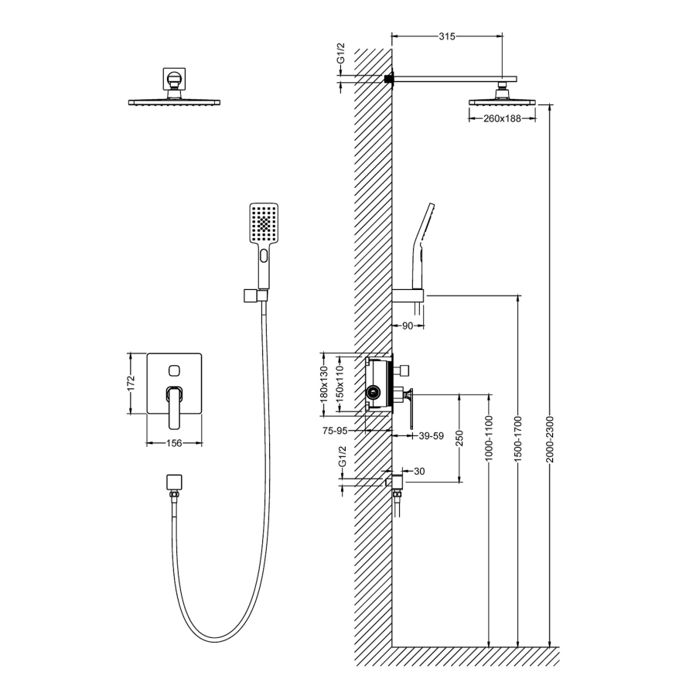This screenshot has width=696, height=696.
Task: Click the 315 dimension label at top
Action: [447, 36]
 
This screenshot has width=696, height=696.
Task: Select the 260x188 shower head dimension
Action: [502, 118]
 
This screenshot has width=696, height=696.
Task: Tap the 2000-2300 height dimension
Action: [550, 439]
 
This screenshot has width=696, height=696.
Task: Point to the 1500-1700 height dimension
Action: [518, 439]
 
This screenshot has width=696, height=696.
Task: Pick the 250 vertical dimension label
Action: [459, 438]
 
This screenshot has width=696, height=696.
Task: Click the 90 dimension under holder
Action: [408, 326]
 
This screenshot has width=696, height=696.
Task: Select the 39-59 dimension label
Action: [432, 436]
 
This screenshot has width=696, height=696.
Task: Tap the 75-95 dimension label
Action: [335, 431]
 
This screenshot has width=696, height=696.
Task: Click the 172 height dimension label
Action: [131, 384]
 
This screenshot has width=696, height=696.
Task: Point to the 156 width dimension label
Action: [174, 443]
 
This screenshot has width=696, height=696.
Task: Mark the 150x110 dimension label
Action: [339, 384]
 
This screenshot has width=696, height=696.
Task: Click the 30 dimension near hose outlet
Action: [419, 472]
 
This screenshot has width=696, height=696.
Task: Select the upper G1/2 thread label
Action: [341, 53]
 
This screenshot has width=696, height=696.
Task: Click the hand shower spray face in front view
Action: [264, 223]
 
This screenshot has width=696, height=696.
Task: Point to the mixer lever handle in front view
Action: [175, 408]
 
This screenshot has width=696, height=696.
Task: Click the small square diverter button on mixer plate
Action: [174, 370]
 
